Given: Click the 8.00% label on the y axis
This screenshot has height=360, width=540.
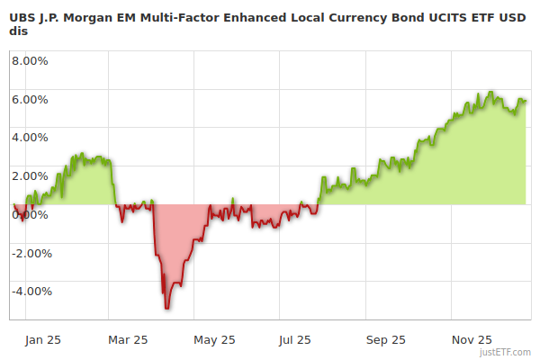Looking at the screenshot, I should (x=30, y=61).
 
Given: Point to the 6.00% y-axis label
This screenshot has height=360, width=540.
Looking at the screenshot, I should (x=30, y=99).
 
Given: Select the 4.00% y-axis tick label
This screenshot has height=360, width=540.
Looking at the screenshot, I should (x=30, y=138).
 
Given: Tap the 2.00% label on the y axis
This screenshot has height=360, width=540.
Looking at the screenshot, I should (x=30, y=175).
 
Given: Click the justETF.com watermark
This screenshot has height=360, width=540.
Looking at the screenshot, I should (x=508, y=352).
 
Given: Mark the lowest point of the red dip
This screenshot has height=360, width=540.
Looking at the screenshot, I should (x=166, y=309).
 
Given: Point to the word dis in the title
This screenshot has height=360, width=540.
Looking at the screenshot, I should (x=18, y=31).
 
